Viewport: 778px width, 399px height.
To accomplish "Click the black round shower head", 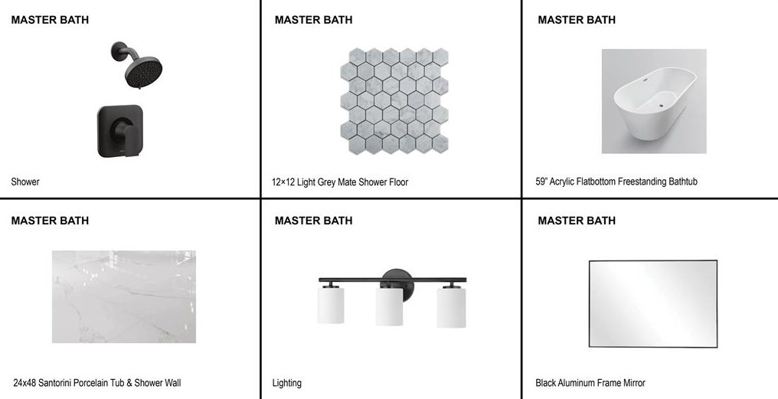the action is coord(143,72).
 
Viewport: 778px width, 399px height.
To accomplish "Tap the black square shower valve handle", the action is coord(120,131).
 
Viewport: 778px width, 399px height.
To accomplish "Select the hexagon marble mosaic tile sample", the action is coord(394,101).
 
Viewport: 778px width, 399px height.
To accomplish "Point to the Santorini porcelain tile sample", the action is coord(124,297).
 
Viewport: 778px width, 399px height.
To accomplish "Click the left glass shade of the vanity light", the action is coord(331,305).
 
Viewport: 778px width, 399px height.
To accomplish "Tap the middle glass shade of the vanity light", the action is coord(389,306).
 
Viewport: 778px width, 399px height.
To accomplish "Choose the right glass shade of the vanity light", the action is coord(452,308).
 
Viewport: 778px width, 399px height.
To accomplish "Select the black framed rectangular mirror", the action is coord(653,260).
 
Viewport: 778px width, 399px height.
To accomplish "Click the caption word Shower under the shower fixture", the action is coord(25,182).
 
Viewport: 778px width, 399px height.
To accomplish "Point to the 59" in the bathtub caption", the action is coord(541,182).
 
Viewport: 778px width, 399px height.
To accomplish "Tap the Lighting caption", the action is coord(287,383).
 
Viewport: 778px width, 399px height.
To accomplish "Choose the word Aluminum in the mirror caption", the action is coord(577,383).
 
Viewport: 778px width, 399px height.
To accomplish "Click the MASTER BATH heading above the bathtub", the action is coord(577,20).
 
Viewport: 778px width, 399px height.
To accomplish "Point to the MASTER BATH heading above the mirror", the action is coord(577,221).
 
